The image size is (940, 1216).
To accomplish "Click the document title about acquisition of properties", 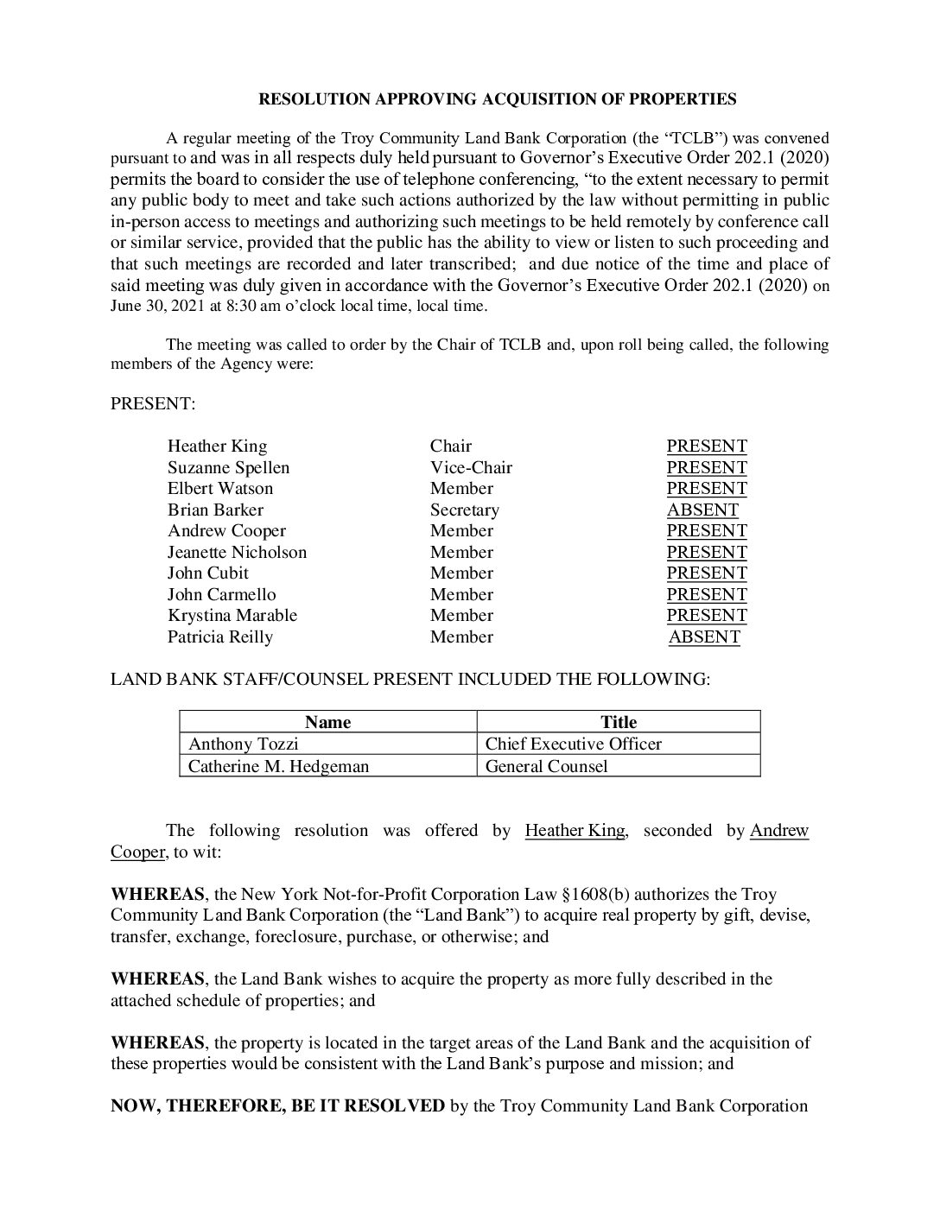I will coord(498,99).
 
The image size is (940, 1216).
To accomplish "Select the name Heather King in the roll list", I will coord(218,446).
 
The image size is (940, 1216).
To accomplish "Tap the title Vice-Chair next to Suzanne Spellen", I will coord(471,468).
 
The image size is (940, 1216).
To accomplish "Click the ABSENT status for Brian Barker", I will coord(702,510).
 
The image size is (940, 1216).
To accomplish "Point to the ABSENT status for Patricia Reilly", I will coord(704,637).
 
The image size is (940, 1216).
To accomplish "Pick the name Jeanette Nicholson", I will coord(237,553).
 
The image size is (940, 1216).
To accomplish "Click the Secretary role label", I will coord(465,510).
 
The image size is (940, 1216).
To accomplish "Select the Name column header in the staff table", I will coord(328,722).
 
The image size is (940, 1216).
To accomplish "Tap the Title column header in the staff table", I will coord(619,722).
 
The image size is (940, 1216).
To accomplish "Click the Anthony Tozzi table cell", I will coord(244,744).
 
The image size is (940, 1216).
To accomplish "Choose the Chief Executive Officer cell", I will coord(574,744).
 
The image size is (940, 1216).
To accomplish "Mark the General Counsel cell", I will coord(547,766).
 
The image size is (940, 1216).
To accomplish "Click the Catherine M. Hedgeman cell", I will coord(278,766).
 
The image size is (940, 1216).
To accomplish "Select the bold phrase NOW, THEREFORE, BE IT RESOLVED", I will coord(277,1106).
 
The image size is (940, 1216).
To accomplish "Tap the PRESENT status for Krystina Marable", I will coord(707,616).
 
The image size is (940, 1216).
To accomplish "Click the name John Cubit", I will coord(208,573).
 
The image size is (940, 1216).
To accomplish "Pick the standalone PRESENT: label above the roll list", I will coord(153,404).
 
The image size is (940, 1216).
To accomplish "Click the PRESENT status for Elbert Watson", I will coord(707,489).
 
